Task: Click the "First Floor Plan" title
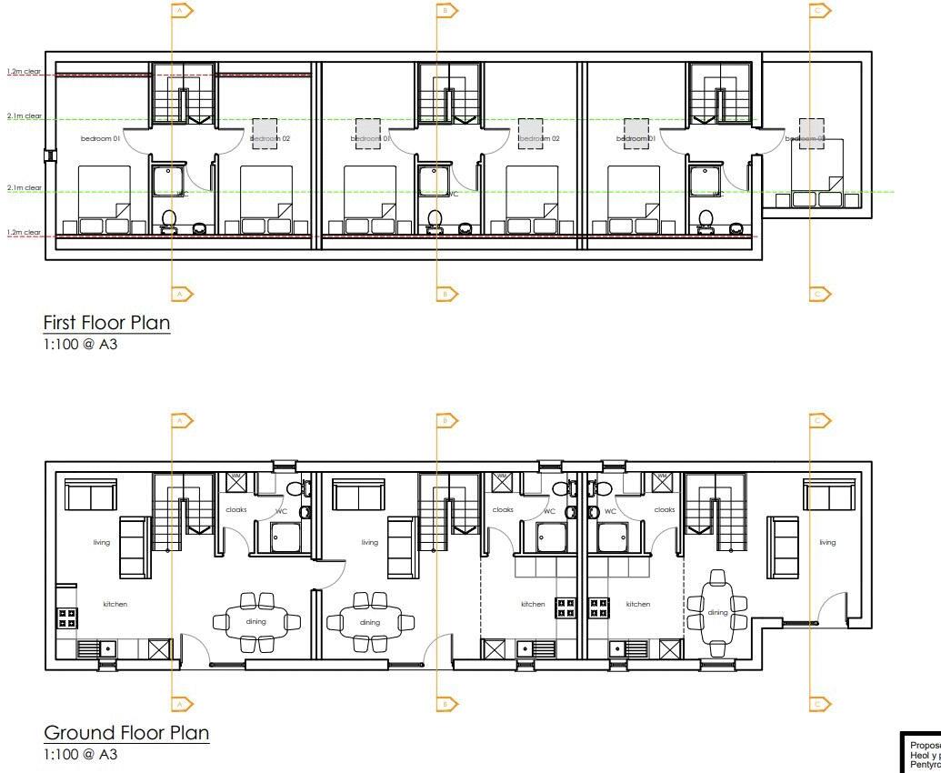tap(106, 323)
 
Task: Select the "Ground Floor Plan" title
tap(126, 733)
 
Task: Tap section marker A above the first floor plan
tap(181, 11)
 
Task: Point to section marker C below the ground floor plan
tap(819, 704)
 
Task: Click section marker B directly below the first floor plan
tap(446, 294)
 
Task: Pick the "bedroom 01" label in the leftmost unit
tap(100, 138)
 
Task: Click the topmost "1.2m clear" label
tap(25, 71)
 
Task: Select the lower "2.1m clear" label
tap(25, 187)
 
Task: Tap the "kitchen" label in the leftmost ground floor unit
tap(115, 604)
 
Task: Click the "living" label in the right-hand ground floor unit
tap(826, 543)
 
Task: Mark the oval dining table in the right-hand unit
tap(717, 613)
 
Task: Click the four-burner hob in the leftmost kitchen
tap(67, 618)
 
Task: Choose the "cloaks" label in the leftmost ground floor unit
tap(235, 510)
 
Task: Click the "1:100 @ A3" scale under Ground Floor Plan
tap(80, 755)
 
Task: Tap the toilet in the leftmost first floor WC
tap(168, 219)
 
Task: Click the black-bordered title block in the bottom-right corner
tap(920, 751)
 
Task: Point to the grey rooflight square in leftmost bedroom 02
tap(265, 134)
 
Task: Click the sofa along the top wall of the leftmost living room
tap(90, 497)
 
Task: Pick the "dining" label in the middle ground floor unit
tap(370, 623)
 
